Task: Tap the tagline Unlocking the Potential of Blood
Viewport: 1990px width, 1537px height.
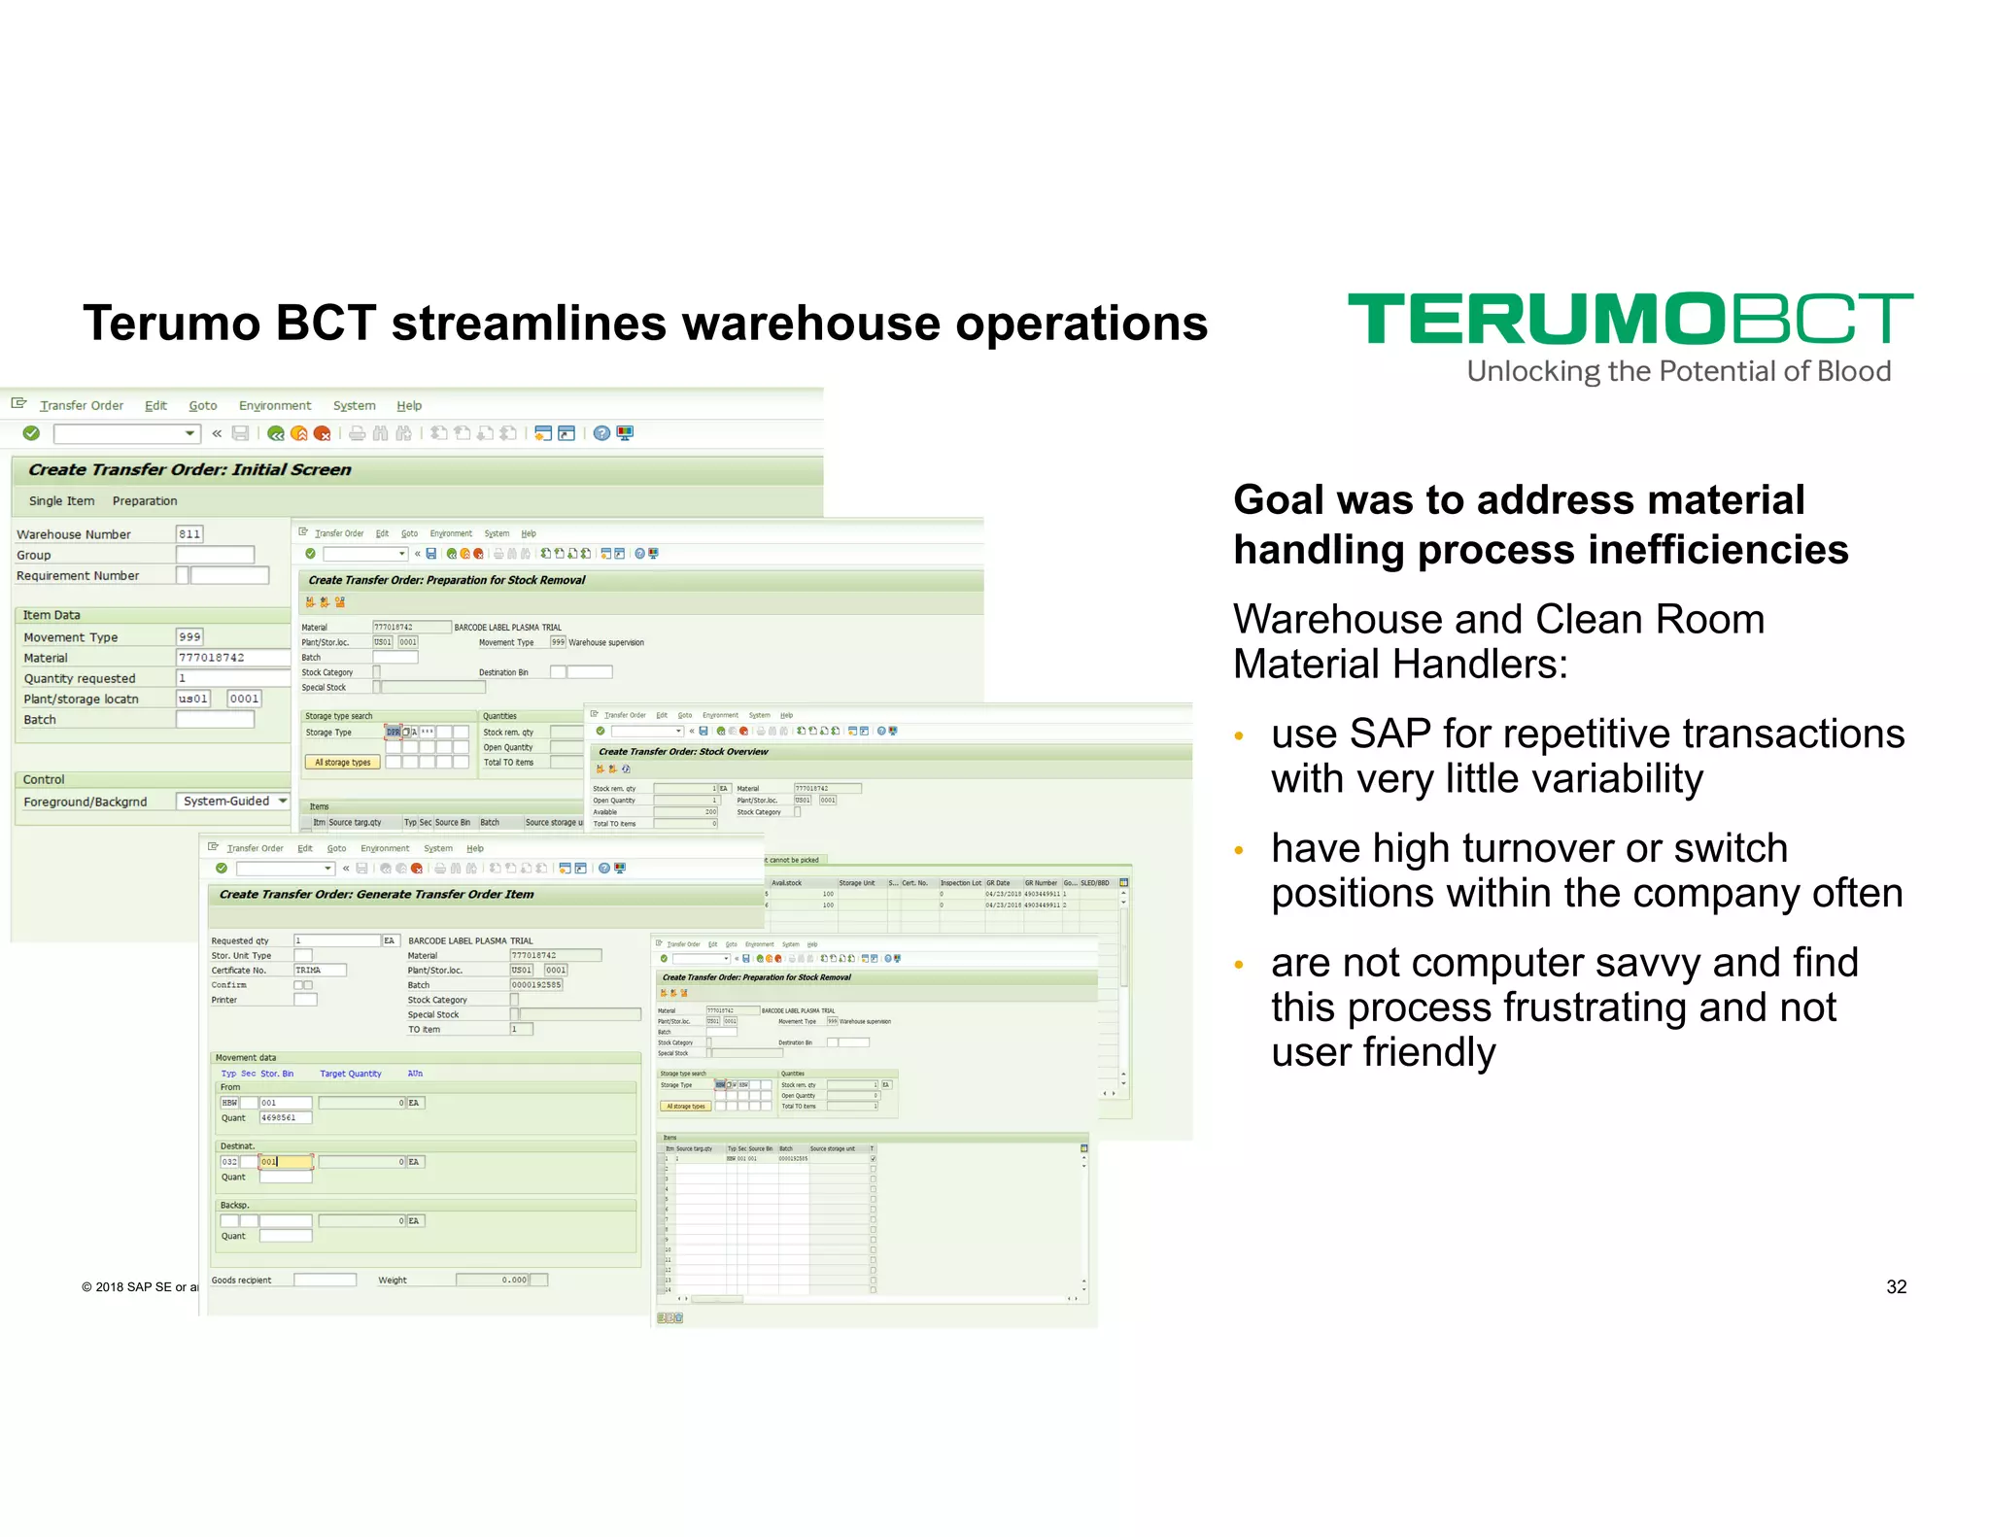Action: tap(1678, 371)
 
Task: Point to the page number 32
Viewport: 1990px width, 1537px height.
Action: tap(1896, 1286)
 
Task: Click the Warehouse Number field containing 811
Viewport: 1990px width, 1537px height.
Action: tap(189, 533)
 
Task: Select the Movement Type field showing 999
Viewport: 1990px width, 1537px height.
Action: tap(189, 636)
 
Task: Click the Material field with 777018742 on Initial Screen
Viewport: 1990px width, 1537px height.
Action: tap(231, 658)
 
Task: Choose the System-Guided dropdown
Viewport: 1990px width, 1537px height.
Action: tap(234, 801)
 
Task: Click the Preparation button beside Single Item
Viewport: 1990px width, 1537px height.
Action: tap(145, 500)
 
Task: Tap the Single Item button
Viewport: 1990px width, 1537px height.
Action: tap(62, 500)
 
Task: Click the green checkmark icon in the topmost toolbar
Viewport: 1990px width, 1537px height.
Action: tap(31, 433)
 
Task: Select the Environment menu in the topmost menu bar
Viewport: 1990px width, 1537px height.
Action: tap(275, 405)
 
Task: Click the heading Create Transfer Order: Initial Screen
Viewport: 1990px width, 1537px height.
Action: tap(189, 469)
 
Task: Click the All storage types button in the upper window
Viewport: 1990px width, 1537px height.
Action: tap(342, 763)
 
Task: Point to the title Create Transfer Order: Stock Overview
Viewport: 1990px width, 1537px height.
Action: tap(683, 751)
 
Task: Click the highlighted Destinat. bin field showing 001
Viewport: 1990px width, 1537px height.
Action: tap(286, 1162)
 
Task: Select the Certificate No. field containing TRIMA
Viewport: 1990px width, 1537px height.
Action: tap(320, 970)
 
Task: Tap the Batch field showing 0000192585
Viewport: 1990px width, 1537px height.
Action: tap(536, 984)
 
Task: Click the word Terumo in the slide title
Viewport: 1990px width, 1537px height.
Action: tap(172, 323)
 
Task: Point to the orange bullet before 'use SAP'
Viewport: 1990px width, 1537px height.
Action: tap(1239, 735)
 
